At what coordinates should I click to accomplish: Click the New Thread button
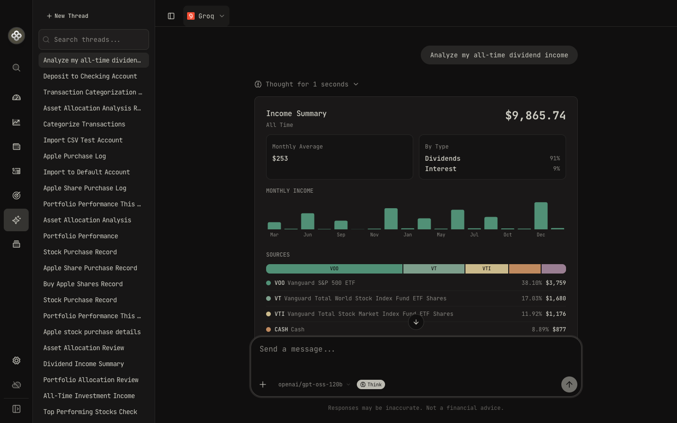tap(67, 16)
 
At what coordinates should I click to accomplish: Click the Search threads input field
tap(94, 39)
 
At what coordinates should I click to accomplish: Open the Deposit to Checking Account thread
tap(90, 76)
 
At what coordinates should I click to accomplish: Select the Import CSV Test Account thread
tap(83, 140)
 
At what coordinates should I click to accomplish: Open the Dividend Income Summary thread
tap(83, 364)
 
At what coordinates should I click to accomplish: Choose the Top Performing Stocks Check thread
tap(90, 412)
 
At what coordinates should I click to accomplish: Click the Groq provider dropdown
tap(206, 16)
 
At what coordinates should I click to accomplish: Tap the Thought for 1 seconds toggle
tap(307, 84)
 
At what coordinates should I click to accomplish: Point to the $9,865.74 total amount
tap(535, 116)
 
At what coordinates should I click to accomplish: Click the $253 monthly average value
tap(280, 159)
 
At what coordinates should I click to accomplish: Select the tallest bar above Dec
tap(541, 216)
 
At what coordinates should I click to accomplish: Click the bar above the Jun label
tap(307, 221)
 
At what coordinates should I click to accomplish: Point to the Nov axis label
tap(374, 235)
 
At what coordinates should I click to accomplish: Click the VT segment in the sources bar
tap(433, 269)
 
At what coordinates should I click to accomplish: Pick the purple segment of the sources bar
tap(553, 269)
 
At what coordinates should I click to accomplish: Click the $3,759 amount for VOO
tap(556, 283)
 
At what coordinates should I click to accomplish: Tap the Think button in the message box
tap(371, 384)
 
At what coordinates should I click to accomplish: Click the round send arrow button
tap(569, 384)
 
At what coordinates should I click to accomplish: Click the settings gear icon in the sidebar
tap(16, 360)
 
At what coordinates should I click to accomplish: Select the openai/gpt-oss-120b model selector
tap(314, 384)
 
